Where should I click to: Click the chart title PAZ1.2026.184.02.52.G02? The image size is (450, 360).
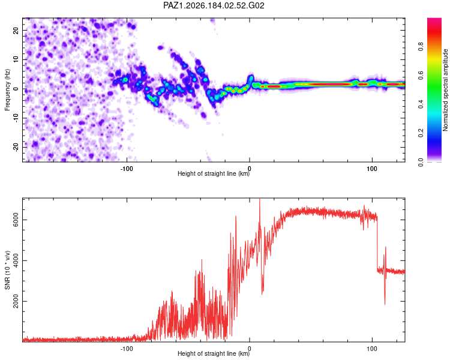(214, 5)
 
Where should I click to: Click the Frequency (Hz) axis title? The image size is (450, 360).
(7, 90)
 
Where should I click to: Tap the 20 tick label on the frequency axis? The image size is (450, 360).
(16, 30)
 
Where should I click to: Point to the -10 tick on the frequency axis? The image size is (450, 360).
(16, 118)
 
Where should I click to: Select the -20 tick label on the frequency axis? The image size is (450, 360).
(16, 147)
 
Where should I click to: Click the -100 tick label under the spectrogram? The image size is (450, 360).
(127, 169)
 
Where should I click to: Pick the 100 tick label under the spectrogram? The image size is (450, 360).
(372, 169)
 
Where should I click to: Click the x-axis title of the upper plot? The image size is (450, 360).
(214, 173)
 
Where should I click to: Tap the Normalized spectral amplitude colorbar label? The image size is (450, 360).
(445, 90)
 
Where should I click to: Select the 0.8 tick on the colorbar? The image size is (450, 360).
(421, 47)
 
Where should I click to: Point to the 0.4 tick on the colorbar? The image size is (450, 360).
(421, 104)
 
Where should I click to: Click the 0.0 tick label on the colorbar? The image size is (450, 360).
(421, 162)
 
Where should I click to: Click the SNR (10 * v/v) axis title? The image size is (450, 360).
(7, 270)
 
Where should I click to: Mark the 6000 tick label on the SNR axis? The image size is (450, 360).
(16, 220)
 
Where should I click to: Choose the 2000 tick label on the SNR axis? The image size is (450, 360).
(16, 301)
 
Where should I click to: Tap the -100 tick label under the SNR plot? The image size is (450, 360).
(127, 349)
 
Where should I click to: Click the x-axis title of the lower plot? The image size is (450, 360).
(214, 353)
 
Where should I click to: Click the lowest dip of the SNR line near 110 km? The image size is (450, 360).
(385, 304)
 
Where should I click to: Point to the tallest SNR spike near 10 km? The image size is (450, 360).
(260, 199)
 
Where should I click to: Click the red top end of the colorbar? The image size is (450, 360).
(434, 19)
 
